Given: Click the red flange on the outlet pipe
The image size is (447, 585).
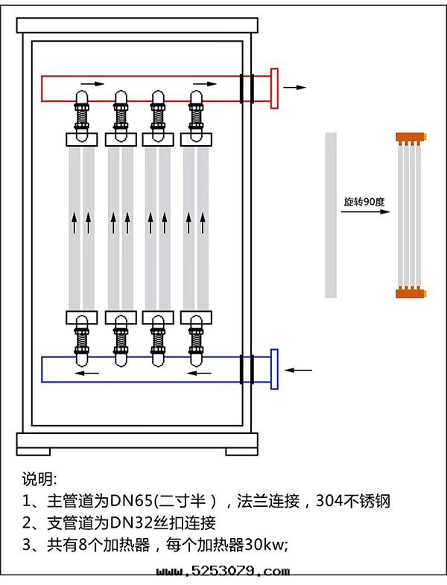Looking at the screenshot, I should click(274, 89).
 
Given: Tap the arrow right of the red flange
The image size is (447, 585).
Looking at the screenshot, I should click(295, 87).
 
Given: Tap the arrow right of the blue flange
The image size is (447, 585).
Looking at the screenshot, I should click(299, 369).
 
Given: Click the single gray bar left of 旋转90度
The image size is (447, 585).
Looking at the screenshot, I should click(331, 215).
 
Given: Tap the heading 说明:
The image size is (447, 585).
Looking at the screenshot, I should click(39, 479).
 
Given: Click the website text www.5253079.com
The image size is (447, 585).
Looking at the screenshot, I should click(223, 572).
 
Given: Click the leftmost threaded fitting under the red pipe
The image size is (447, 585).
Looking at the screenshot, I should click(80, 117).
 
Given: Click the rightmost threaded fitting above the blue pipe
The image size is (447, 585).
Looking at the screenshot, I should click(197, 340).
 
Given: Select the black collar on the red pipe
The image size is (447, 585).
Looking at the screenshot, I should click(247, 89).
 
